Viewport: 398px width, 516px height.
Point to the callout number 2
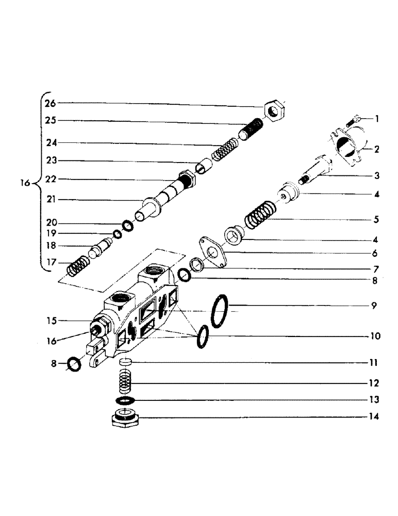pos(377,150)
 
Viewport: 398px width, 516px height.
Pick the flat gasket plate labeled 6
pos(211,252)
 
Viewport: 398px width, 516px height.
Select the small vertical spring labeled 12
pos(124,384)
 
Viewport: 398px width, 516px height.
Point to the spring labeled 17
pos(77,268)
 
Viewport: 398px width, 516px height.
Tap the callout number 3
pos(377,176)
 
